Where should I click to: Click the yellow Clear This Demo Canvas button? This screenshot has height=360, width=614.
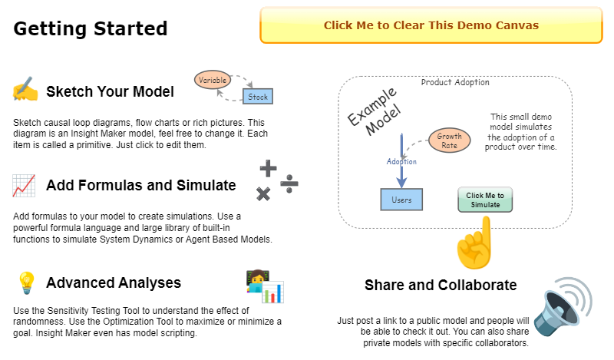tap(431, 25)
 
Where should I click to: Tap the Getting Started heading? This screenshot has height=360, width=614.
tap(90, 29)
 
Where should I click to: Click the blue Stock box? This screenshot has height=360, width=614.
tap(258, 97)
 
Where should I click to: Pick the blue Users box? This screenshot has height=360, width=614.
tap(401, 200)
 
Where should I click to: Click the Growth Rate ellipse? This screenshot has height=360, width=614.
tap(449, 140)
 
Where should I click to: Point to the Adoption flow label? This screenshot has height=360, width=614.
tap(401, 162)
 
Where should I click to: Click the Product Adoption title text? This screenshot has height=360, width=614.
tap(455, 82)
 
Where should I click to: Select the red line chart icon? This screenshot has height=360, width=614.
tap(24, 185)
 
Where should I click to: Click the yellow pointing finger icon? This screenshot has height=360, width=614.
tap(474, 243)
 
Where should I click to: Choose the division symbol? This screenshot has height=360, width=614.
tap(289, 183)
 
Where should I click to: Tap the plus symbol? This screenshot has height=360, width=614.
tap(268, 167)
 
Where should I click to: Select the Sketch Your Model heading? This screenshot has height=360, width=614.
tap(110, 92)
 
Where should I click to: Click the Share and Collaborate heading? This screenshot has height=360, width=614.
tap(441, 286)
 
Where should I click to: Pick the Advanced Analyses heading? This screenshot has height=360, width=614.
tap(114, 283)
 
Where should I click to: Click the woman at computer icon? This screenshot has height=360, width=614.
tap(265, 286)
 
